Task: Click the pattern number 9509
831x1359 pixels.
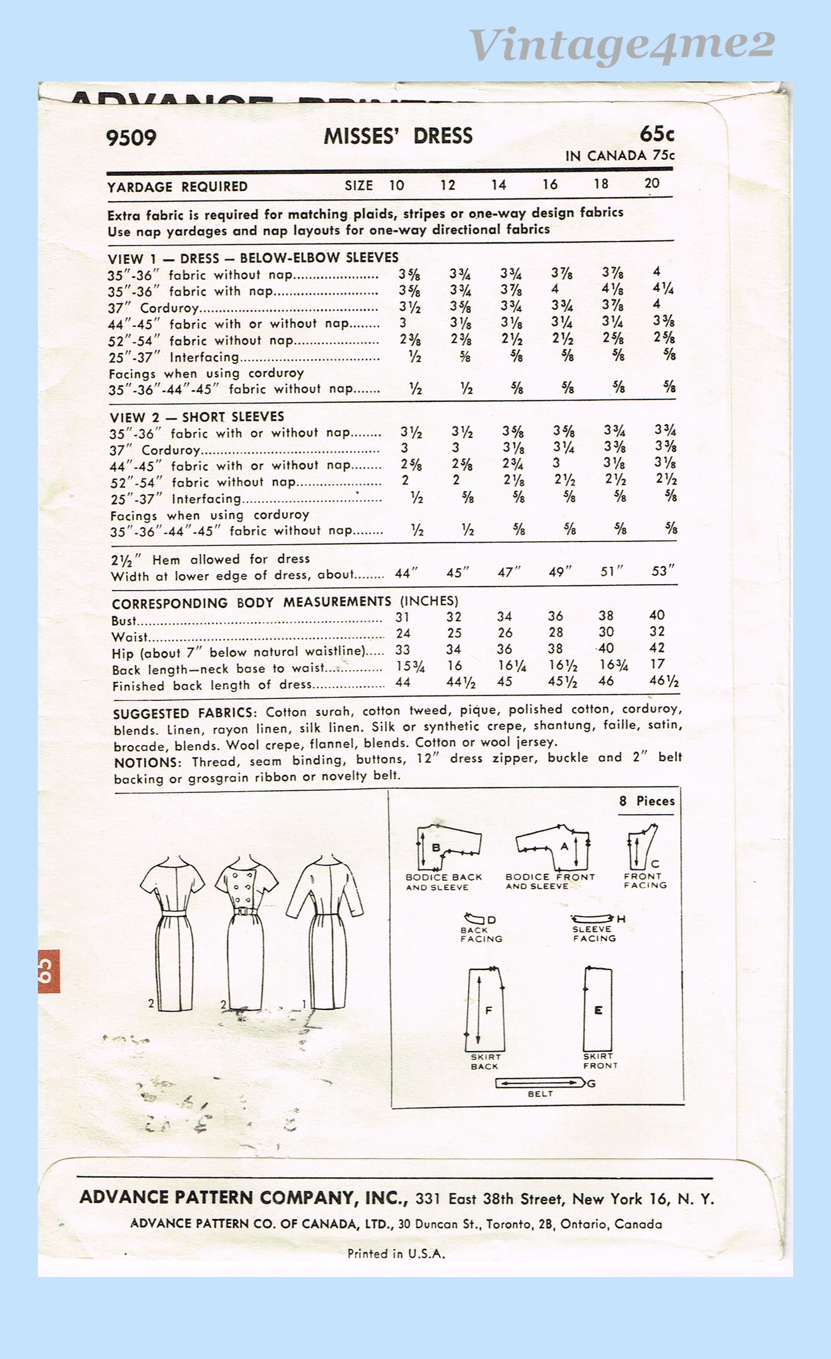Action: tap(131, 138)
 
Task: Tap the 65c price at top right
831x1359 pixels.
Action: tap(656, 134)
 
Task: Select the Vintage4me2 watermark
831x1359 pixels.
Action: tap(622, 45)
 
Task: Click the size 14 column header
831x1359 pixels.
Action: tap(498, 185)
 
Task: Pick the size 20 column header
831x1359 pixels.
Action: tap(652, 184)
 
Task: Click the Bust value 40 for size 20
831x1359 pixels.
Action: tap(656, 615)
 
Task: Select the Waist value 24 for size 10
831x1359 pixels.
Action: tap(403, 633)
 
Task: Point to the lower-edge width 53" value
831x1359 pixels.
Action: tap(662, 571)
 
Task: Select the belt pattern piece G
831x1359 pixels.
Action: tap(540, 1084)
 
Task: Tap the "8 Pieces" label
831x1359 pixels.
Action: tap(646, 801)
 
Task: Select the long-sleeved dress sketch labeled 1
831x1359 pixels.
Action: tap(325, 929)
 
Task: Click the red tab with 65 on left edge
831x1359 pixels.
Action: tap(48, 971)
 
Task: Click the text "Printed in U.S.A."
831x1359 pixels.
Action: tap(396, 1253)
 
